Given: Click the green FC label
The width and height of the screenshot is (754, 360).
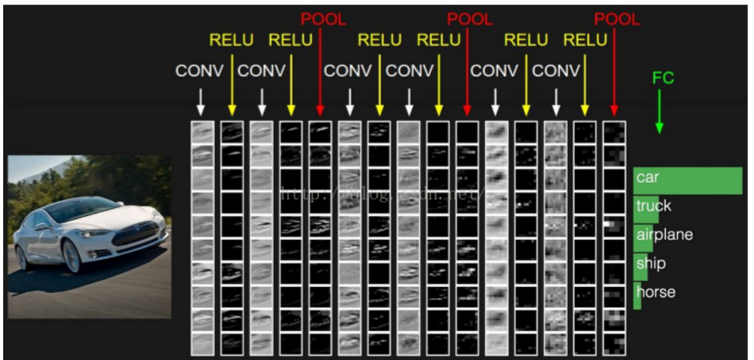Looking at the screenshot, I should point(663,79).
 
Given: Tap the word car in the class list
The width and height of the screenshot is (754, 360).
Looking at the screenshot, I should point(648,178).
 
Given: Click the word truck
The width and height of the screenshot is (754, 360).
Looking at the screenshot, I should point(653,206).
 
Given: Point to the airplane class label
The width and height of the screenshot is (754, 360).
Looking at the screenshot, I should point(664,235).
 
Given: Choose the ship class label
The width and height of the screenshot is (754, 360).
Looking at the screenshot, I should point(651,264).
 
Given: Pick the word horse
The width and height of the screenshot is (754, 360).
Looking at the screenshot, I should point(656,292).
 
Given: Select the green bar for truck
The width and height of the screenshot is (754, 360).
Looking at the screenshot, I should point(646,209).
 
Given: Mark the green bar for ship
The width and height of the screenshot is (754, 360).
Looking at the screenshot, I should point(640,266).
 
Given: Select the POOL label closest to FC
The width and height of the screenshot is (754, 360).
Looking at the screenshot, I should point(617,20).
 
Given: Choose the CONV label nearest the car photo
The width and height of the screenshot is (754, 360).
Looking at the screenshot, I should point(200,71).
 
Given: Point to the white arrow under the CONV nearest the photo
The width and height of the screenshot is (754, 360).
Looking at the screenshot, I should point(200,101).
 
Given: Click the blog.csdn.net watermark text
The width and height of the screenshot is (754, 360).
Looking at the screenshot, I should point(380,194).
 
